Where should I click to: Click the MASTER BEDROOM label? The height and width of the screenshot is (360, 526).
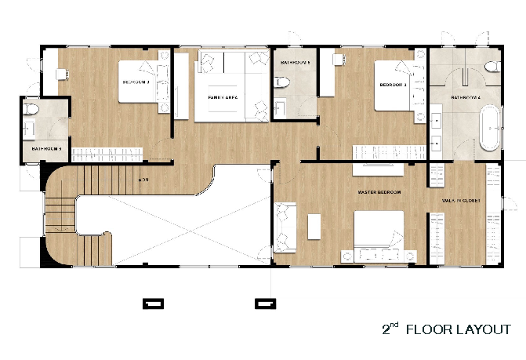point(379,192)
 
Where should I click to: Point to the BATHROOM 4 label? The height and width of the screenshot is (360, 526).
point(466,98)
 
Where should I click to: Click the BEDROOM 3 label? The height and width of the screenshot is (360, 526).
point(393,85)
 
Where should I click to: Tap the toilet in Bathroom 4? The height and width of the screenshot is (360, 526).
point(492,69)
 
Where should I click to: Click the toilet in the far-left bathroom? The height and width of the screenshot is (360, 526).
point(31,109)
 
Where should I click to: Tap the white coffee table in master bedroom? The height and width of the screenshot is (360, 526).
point(314,226)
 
